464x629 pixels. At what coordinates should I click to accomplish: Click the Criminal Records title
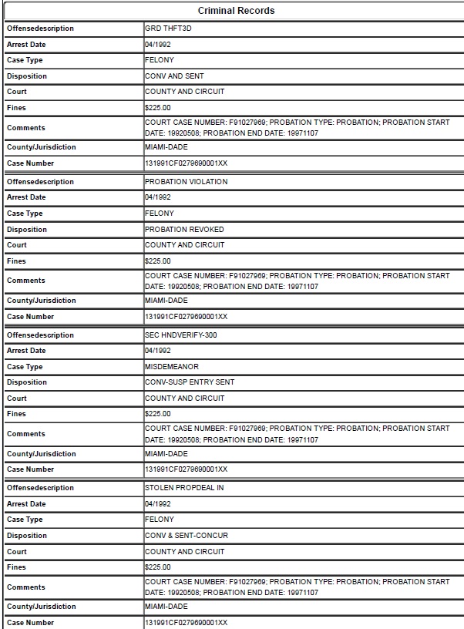click(236, 11)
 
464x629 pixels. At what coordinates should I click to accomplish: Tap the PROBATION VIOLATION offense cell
click(186, 182)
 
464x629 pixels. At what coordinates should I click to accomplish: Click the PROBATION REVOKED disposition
click(184, 230)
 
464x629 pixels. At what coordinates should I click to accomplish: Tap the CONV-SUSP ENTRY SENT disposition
click(190, 382)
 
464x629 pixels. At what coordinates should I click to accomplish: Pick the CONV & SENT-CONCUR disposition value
click(187, 536)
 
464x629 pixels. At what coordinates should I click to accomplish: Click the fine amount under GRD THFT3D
click(158, 108)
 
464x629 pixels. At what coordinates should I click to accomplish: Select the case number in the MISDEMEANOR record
click(186, 469)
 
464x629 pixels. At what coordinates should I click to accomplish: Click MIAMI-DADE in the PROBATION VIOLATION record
click(166, 301)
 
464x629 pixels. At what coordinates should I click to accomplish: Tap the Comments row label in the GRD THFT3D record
click(26, 128)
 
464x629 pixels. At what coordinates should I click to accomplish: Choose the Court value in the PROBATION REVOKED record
click(185, 245)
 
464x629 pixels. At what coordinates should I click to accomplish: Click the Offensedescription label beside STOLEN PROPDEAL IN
click(40, 488)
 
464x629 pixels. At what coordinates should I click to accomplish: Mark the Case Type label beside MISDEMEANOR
click(25, 367)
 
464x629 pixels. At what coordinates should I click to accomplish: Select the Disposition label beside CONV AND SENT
click(27, 76)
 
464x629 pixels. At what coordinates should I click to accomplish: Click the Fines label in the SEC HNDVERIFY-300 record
click(16, 414)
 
